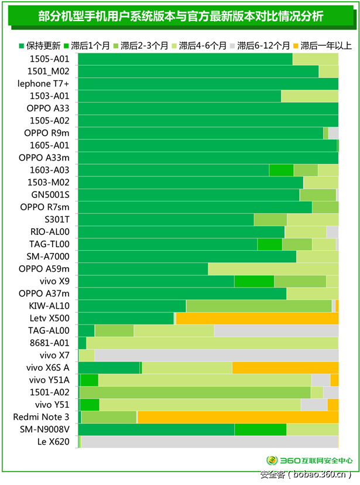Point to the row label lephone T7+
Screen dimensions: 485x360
click(43, 84)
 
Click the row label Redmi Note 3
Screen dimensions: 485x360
click(41, 417)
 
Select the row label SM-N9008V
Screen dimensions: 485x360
click(44, 429)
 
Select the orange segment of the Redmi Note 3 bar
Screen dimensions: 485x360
click(237, 417)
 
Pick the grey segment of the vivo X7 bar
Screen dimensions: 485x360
click(216, 355)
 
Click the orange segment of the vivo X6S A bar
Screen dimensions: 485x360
click(285, 367)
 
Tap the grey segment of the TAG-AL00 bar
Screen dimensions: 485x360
click(276, 330)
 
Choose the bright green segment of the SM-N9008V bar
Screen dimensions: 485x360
click(260, 429)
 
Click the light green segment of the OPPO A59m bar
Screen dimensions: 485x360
click(273, 269)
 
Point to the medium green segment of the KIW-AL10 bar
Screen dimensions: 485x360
click(259, 306)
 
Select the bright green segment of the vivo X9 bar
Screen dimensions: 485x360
click(254, 281)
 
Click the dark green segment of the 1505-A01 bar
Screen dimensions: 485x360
click(185, 59)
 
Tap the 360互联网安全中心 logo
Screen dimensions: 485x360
click(309, 460)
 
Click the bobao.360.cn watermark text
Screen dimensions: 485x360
click(306, 474)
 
